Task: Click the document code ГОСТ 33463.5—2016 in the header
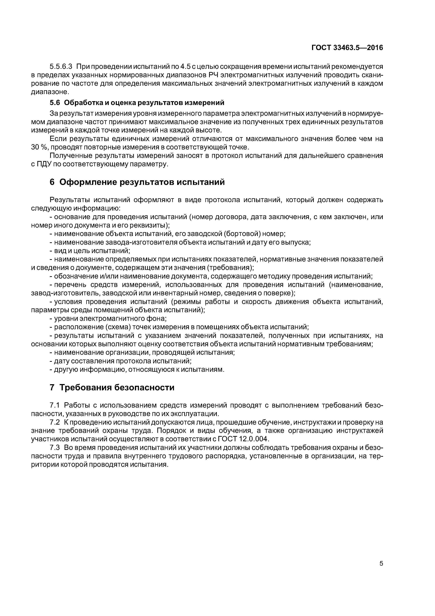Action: pyautogui.click(x=347, y=48)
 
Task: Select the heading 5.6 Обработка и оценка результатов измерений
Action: pyautogui.click(x=137, y=103)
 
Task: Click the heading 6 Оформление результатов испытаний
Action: pyautogui.click(x=137, y=182)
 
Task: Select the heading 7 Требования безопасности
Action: pyautogui.click(x=112, y=387)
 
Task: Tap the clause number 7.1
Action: pyautogui.click(x=55, y=405)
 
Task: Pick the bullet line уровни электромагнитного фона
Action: pyautogui.click(x=108, y=319)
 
